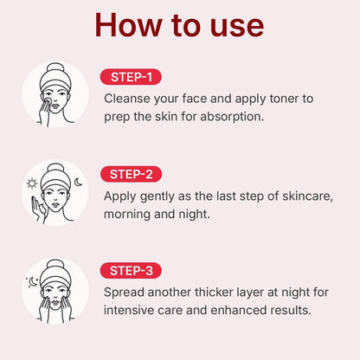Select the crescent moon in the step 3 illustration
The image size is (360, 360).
pyautogui.click(x=33, y=281)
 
